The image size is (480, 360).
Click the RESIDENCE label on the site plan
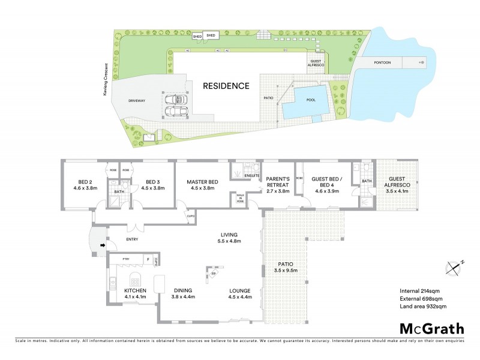(x=226, y=86)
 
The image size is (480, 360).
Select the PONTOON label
(x=382, y=62)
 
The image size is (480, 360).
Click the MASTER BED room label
(x=202, y=185)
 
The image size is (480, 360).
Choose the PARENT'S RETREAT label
(x=278, y=185)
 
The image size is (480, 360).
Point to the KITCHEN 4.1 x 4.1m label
(x=134, y=293)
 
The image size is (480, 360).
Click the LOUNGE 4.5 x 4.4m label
(x=239, y=293)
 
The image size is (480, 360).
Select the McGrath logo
(x=431, y=328)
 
